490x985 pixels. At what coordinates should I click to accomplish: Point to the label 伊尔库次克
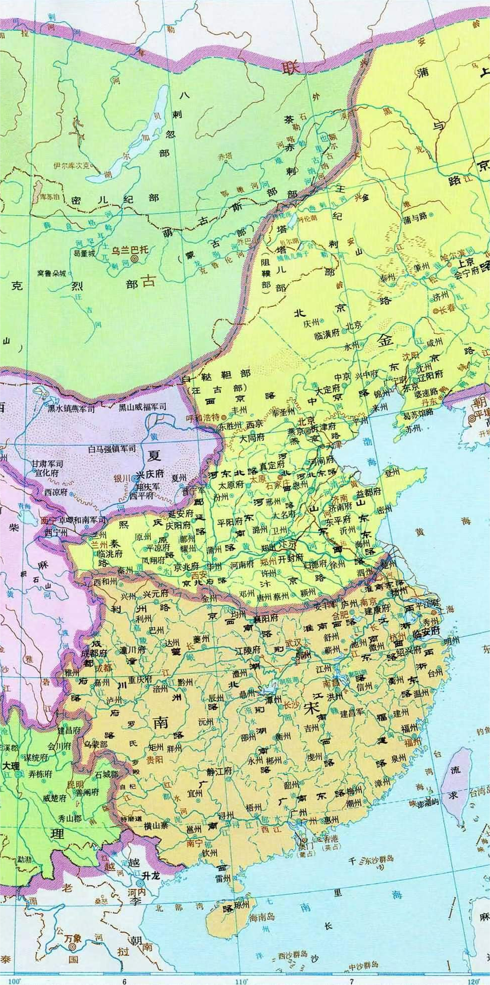coord(72,165)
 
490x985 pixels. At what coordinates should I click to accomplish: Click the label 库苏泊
coord(49,197)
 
